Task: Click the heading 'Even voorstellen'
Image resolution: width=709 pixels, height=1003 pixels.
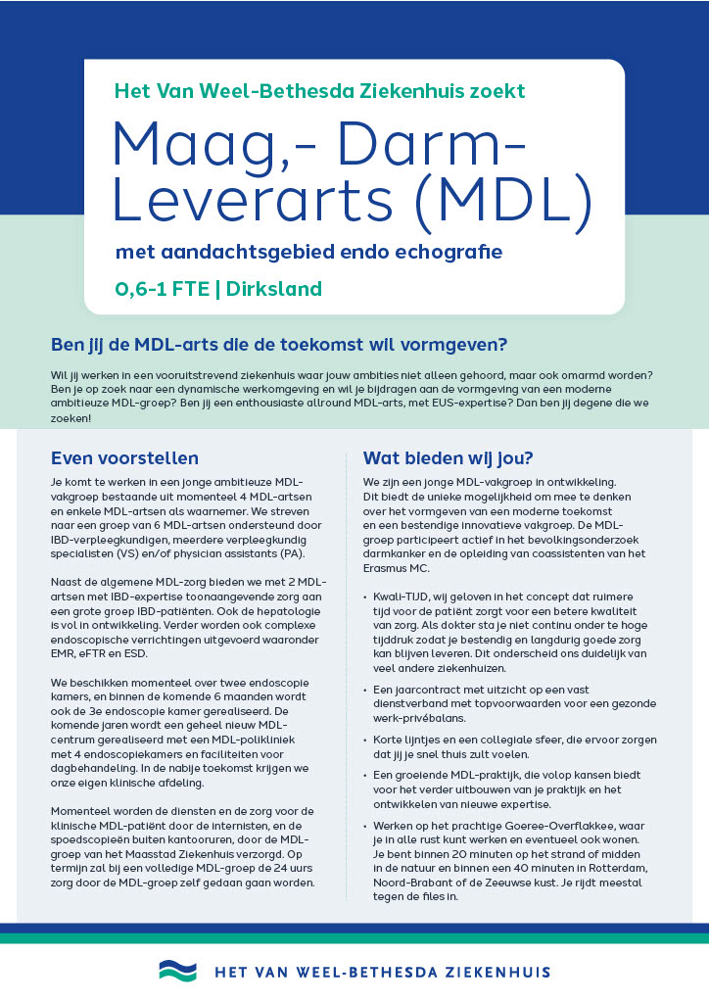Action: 124,457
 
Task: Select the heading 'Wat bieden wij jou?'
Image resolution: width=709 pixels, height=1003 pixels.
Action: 448,457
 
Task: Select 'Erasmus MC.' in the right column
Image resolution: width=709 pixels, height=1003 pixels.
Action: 397,568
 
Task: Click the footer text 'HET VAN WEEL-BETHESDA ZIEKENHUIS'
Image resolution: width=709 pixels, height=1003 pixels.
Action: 382,973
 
